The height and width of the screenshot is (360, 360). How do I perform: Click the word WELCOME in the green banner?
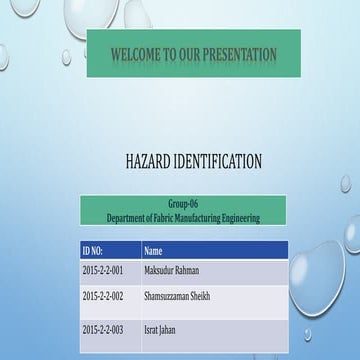(x=132, y=53)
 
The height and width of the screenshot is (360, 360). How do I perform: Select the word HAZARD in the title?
(x=150, y=160)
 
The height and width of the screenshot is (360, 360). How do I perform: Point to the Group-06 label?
(x=183, y=204)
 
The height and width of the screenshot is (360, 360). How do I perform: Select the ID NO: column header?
(x=93, y=251)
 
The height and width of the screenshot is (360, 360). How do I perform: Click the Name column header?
(x=153, y=251)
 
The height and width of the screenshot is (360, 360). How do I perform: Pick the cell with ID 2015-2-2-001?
(x=103, y=271)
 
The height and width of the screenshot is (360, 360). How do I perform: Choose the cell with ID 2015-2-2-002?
(x=103, y=296)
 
